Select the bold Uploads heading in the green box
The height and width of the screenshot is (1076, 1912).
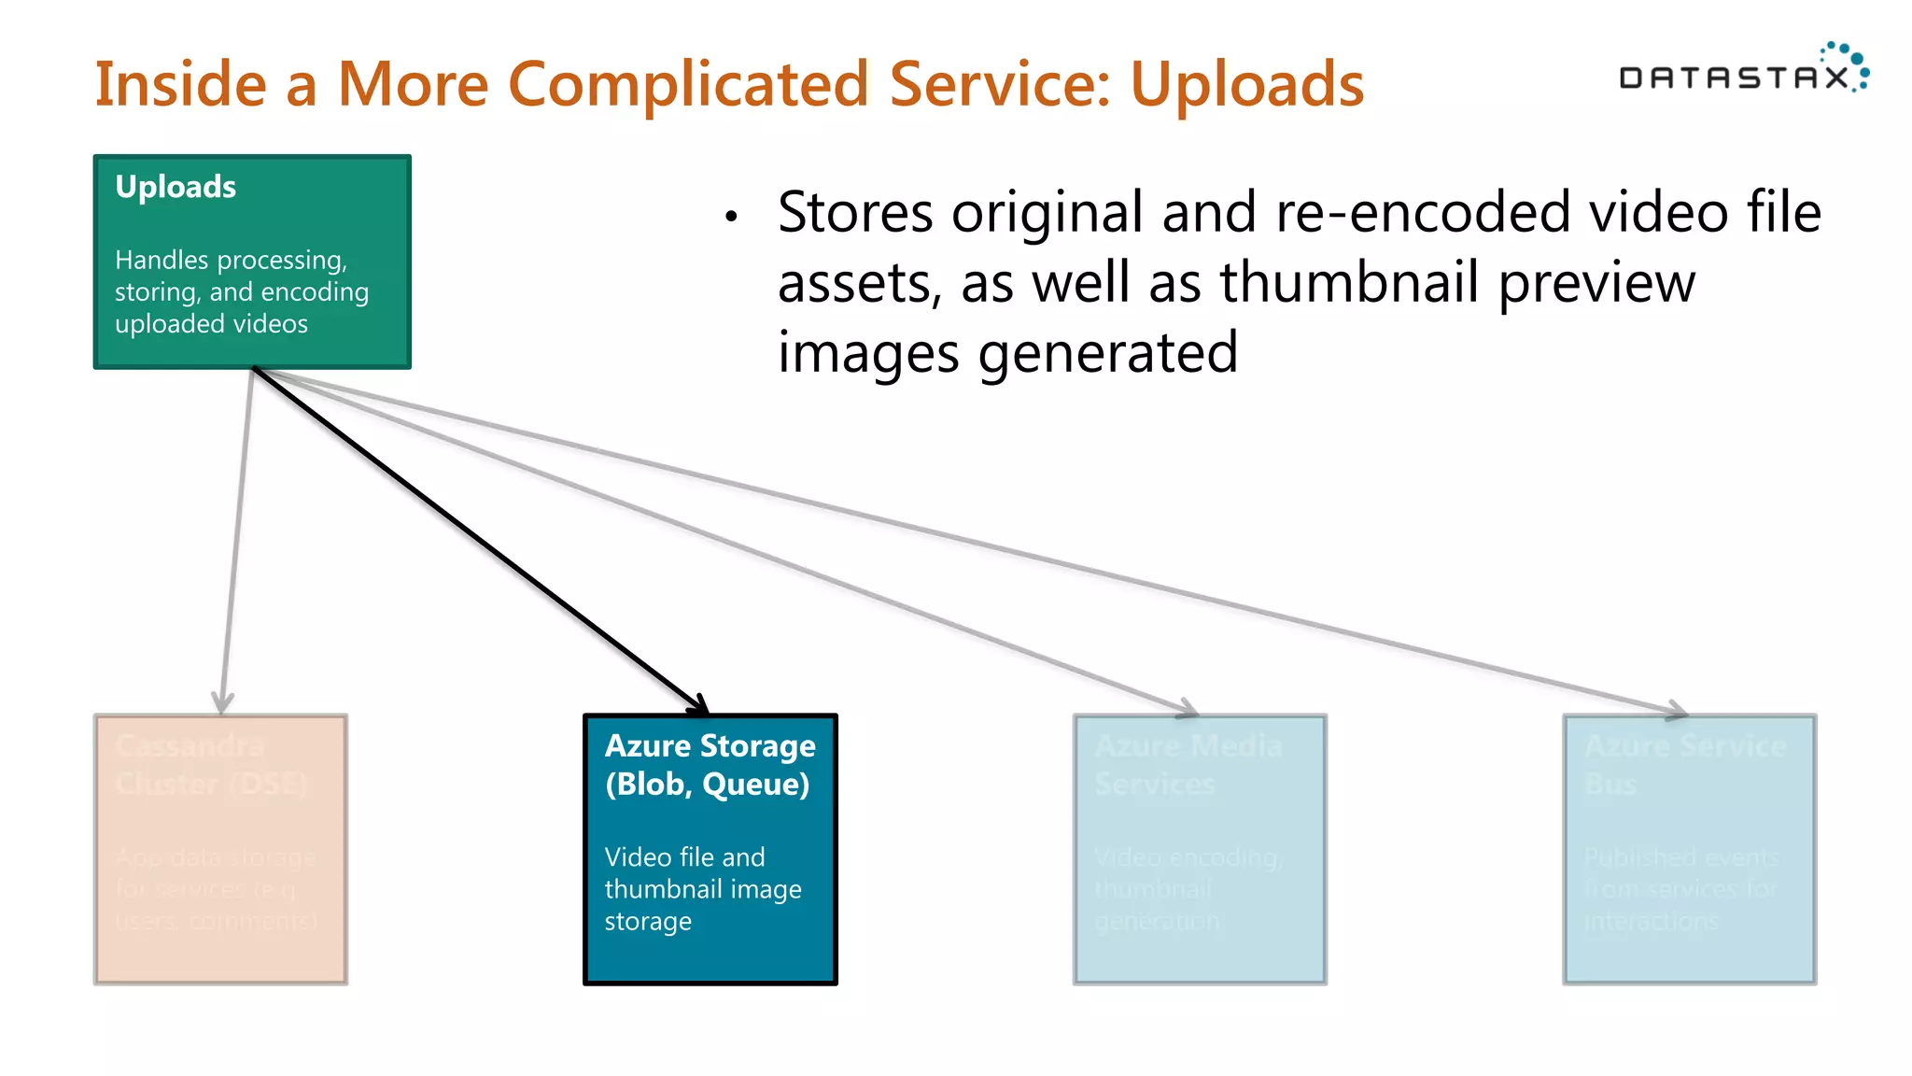pos(176,187)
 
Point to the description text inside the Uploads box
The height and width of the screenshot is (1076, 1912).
pos(241,291)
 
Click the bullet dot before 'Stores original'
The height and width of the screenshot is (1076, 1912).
pos(731,217)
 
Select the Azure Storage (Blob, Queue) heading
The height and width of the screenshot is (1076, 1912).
pos(710,765)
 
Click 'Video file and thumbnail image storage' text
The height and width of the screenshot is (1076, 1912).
pos(702,888)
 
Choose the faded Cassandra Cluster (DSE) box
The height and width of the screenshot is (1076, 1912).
pos(220,849)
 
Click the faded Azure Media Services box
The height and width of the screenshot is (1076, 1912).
pos(1200,849)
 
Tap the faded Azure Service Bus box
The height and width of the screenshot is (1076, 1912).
pos(1690,849)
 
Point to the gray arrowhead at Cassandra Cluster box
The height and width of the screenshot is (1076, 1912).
pos(222,702)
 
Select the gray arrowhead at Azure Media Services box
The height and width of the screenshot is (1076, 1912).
pos(1188,709)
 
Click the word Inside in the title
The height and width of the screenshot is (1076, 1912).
pos(181,85)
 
